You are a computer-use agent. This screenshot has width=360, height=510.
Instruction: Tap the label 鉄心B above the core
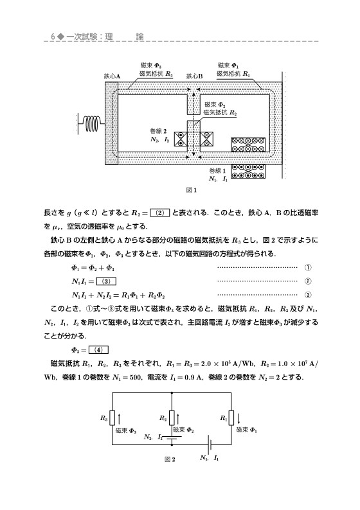click(194, 76)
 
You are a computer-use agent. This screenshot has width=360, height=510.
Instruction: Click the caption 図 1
click(191, 190)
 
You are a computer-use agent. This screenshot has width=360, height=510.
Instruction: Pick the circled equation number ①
click(309, 267)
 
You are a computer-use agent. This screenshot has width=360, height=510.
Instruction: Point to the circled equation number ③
click(309, 295)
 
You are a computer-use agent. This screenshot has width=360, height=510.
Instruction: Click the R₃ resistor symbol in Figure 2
click(113, 418)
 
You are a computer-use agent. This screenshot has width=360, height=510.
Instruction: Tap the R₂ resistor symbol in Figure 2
click(172, 418)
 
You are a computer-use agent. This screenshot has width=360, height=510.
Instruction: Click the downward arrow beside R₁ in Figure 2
click(239, 418)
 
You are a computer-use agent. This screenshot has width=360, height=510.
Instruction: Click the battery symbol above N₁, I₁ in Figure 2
click(209, 443)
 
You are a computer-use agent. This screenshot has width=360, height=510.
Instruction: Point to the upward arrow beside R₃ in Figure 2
click(120, 418)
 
